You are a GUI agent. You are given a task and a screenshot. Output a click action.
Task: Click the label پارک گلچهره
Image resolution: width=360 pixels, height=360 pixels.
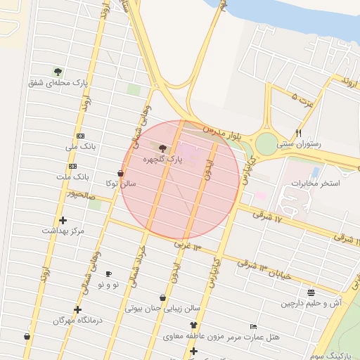[162, 160]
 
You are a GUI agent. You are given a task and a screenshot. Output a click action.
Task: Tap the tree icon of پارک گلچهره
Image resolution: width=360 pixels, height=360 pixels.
[163, 148]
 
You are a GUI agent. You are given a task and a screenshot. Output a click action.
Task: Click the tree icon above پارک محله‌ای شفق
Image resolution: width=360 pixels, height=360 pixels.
[58, 71]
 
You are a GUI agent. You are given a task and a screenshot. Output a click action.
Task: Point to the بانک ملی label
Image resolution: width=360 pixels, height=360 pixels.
[79, 147]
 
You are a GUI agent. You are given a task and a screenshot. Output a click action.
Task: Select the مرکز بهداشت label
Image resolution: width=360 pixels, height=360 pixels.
[63, 231]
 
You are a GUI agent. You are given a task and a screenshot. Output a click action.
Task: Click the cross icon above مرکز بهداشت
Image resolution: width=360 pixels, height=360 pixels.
[63, 220]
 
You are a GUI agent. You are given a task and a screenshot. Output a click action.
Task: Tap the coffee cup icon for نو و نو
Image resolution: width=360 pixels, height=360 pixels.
[108, 274]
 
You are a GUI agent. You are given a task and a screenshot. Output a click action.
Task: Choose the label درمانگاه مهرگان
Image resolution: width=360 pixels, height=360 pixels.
[78, 320]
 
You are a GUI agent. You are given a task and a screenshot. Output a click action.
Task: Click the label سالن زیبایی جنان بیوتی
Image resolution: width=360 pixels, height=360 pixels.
[163, 308]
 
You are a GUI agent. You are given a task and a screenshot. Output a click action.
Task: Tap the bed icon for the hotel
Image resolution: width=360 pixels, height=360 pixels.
[254, 327]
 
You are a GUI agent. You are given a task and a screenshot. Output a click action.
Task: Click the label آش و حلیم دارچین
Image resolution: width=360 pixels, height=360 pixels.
[311, 303]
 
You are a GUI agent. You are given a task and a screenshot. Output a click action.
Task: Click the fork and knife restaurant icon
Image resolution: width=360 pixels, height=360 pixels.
[299, 132]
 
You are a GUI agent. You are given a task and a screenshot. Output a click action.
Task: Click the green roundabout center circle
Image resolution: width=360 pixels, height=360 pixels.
[266, 143]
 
